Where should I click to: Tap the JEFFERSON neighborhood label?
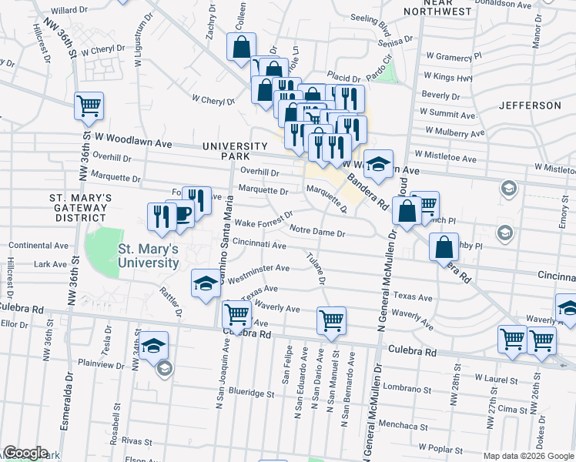coord(530,105)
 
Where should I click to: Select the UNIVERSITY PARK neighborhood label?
coord(234,151)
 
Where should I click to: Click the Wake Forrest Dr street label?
coord(264,219)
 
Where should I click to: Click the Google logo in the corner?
coord(25,453)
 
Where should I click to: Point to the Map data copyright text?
coord(528,456)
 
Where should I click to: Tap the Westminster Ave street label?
coord(258,270)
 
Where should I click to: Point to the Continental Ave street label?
coord(39,246)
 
